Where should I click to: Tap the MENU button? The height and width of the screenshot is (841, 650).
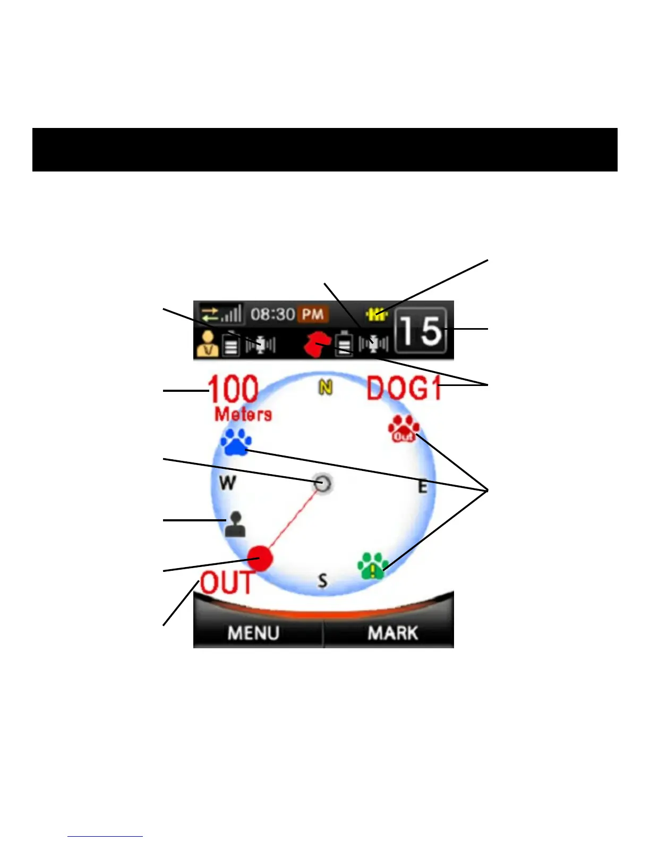point(254,632)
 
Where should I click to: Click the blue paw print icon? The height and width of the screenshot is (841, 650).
point(236,442)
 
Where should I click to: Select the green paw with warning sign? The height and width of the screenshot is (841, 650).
point(373,566)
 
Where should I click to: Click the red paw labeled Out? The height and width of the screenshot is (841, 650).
point(404,429)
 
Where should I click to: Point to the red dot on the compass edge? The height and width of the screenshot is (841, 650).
point(260,558)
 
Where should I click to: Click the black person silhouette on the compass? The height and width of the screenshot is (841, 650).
point(235,525)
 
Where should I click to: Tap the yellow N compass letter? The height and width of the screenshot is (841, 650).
point(325,388)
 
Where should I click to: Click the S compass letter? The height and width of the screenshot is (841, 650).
point(322,580)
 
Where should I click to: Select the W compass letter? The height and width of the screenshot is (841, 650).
point(228,483)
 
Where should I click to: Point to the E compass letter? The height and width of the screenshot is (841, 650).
point(422,486)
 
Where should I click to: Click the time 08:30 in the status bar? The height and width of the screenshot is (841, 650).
point(272,314)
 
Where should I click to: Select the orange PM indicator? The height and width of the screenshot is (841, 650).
point(313,314)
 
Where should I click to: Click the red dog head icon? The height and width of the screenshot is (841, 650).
point(317,344)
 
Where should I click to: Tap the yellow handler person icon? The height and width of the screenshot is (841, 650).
point(208,344)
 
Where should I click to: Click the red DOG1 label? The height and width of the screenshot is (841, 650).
point(404,388)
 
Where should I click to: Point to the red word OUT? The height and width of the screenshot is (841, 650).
point(227,583)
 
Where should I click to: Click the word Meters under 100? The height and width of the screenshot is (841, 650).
point(243,414)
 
